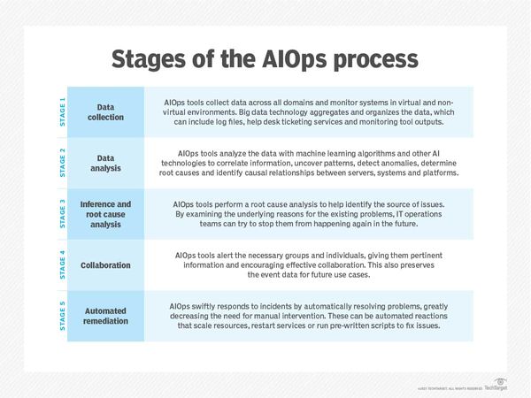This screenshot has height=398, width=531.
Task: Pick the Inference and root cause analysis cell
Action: tap(112, 214)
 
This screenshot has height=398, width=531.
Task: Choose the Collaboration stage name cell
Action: tap(112, 264)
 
